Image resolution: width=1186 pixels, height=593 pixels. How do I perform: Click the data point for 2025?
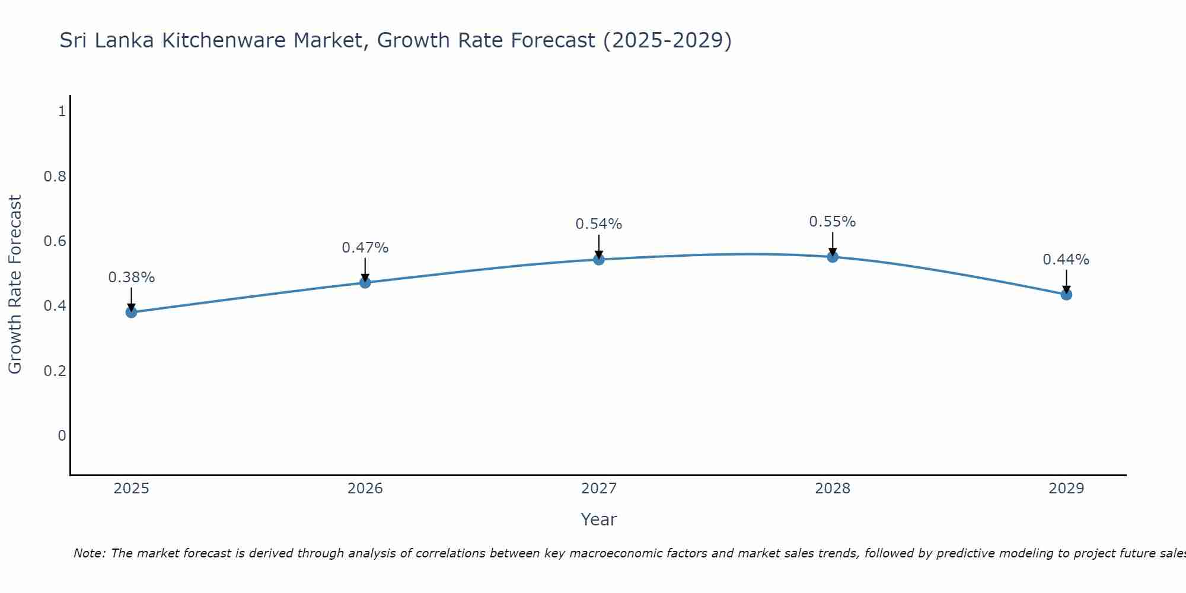pos(132,312)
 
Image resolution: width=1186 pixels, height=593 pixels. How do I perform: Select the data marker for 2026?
pos(365,282)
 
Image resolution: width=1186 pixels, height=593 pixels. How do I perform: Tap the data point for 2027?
pos(599,259)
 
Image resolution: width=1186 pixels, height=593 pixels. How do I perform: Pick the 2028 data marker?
pos(833,257)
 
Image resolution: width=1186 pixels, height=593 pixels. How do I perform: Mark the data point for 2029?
pos(1066,294)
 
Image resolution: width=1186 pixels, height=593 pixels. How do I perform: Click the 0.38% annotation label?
pos(132,278)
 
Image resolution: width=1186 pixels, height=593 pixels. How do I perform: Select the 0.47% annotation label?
pos(365,248)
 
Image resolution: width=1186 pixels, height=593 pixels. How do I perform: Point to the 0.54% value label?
pos(599,224)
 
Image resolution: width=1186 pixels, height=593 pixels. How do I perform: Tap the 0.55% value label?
pos(833,222)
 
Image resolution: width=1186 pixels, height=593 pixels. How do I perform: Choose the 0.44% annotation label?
pos(1066,260)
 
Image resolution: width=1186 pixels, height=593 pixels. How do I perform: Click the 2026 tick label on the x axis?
pos(365,489)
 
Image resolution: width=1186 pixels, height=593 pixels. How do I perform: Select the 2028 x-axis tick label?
pos(833,489)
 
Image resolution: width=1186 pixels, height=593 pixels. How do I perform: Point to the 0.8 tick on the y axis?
pos(55,176)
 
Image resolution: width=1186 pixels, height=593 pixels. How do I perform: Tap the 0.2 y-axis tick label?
pos(55,371)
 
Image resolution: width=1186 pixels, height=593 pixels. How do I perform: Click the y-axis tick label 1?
pos(62,111)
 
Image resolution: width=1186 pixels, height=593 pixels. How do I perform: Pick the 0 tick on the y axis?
pos(62,436)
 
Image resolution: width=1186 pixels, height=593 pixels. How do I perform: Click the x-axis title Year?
pos(599,519)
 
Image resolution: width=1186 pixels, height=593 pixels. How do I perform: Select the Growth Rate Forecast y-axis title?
pos(15,285)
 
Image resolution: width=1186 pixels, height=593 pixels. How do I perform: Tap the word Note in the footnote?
pos(89,553)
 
